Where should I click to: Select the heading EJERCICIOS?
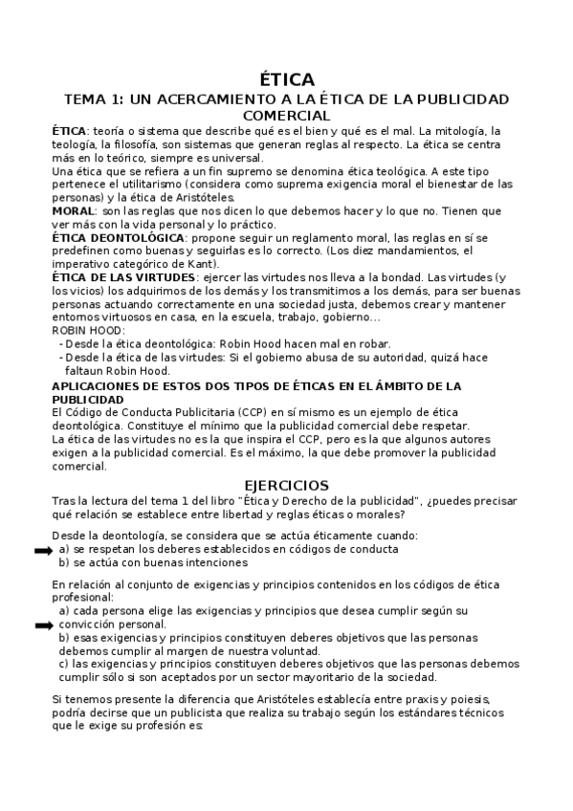coord(286,485)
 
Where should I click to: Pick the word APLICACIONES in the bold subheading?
coord(102,386)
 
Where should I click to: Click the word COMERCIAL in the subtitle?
coord(286,114)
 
